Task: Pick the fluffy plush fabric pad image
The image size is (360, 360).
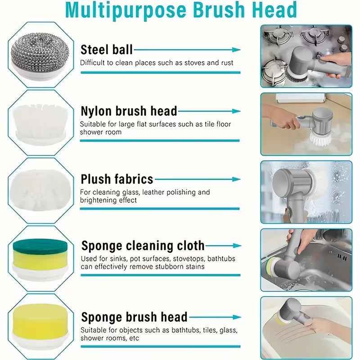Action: (x=38, y=189)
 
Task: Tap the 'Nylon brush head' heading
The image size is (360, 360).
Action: (x=129, y=111)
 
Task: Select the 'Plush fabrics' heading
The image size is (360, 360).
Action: (x=117, y=179)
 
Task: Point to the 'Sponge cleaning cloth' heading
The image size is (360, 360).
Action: (x=143, y=246)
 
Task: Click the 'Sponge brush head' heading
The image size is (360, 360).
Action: (x=134, y=317)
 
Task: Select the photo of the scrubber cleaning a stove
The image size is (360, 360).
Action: (x=306, y=56)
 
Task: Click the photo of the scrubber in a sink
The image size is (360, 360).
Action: (x=306, y=260)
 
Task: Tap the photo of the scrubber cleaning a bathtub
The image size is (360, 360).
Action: (x=306, y=328)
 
